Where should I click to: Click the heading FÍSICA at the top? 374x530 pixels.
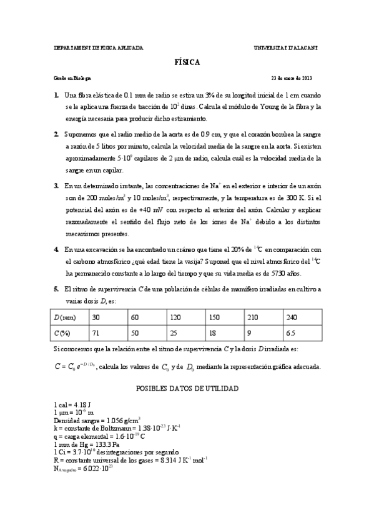point(187,62)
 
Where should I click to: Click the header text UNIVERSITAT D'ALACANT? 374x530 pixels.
point(287,47)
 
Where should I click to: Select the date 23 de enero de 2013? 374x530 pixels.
point(291,77)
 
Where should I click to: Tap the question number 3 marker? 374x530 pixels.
point(56,186)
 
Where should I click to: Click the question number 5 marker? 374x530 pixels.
point(56,289)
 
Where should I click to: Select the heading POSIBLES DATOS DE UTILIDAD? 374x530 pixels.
point(187,388)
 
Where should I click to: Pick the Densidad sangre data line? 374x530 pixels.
point(97,420)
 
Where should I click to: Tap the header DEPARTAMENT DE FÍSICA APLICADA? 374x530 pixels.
point(99,47)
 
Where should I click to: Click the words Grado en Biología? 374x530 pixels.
point(72,77)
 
